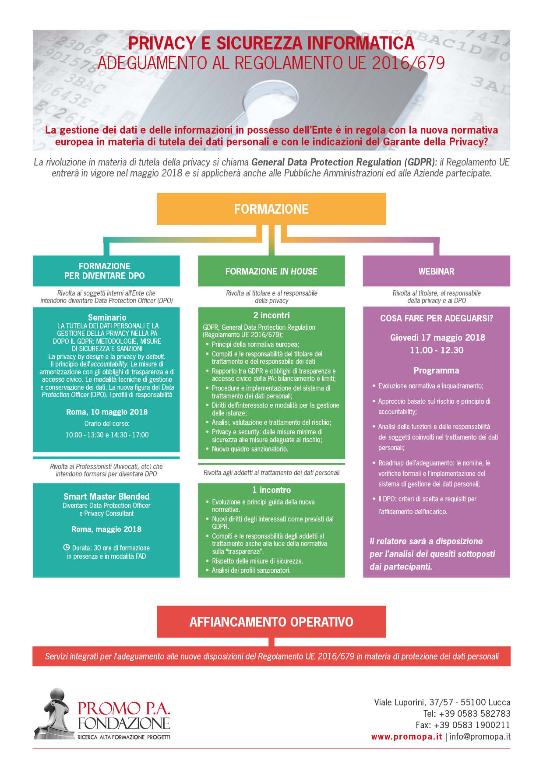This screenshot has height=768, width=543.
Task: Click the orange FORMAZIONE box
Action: coord(271,209)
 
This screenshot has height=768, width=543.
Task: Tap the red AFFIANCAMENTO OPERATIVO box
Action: coord(271,622)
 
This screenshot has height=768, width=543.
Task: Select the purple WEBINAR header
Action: coord(437,271)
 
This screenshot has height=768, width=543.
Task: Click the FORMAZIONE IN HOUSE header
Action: coord(271,271)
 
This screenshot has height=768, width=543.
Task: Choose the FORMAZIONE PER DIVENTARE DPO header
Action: coord(106,271)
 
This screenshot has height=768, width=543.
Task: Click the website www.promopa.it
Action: coord(406,736)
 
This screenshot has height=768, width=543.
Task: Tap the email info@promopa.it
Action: coord(480,736)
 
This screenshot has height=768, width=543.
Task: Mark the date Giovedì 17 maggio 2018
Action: coord(437,338)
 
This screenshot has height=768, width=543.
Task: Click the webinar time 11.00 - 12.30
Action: coord(437,350)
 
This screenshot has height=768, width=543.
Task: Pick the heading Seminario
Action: coord(107,317)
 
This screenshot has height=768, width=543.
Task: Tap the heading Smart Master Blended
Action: coord(106,497)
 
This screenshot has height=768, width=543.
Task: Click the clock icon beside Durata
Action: coord(67,547)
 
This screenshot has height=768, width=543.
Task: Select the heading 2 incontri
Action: coord(271,315)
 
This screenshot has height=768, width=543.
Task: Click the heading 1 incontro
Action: coord(271,490)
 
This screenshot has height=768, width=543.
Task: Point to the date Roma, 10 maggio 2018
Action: coord(107,412)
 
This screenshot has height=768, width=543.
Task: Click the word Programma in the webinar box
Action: coord(437,370)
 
